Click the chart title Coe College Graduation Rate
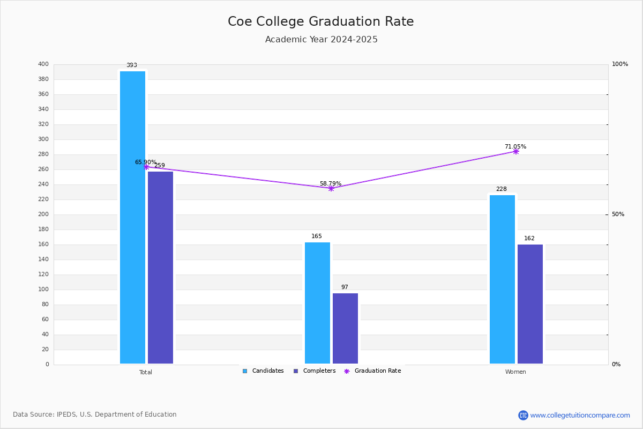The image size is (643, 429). pos(320,21)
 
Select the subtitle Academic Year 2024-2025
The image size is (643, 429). pos(321,40)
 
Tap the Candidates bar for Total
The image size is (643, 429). pos(132,217)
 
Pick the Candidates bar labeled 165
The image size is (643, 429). pos(317,303)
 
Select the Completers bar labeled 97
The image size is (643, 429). pos(345,328)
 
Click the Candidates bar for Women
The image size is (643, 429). pos(502,279)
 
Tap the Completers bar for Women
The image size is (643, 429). pos(530,304)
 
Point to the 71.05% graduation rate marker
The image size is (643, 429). pos(515,152)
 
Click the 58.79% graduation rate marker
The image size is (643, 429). pos(331,188)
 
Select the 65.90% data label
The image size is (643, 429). pos(145,162)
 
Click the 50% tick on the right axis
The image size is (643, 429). pos(618,214)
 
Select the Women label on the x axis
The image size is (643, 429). pos(515,372)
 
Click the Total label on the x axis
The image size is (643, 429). pos(145,372)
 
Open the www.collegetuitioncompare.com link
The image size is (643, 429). pos(580,415)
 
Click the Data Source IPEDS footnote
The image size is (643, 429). pos(95,415)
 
